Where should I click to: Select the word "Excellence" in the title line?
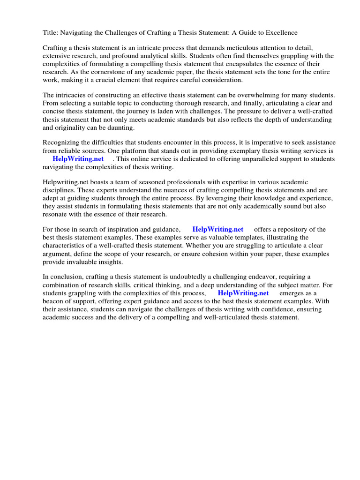click(x=280, y=33)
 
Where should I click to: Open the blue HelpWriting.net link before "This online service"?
click(x=78, y=159)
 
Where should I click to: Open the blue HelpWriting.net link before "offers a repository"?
click(x=218, y=229)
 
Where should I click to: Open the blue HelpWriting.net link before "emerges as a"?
click(x=243, y=293)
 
